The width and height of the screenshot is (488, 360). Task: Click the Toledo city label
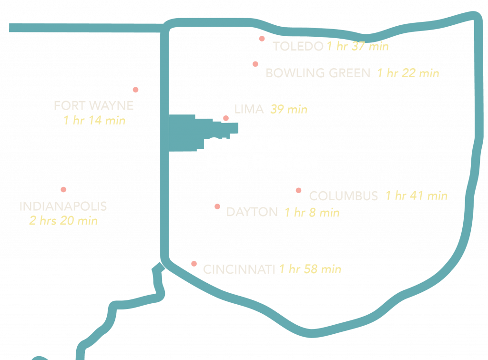pyautogui.click(x=298, y=46)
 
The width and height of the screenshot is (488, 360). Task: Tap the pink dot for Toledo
pyautogui.click(x=262, y=39)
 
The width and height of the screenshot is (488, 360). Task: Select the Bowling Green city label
pyautogui.click(x=317, y=73)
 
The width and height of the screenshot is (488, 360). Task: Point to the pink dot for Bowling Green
pyautogui.click(x=255, y=64)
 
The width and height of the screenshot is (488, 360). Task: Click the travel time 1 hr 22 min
pyautogui.click(x=408, y=73)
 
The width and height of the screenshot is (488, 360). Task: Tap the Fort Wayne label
pyautogui.click(x=93, y=105)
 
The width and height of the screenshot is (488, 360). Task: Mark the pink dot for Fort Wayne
pyautogui.click(x=135, y=90)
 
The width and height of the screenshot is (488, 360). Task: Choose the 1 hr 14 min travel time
pyautogui.click(x=94, y=120)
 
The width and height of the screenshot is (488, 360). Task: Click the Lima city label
pyautogui.click(x=249, y=109)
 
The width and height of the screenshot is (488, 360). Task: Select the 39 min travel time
pyautogui.click(x=289, y=109)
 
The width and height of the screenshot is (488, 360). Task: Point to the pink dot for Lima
pyautogui.click(x=226, y=118)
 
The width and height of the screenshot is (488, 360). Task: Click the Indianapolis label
pyautogui.click(x=63, y=206)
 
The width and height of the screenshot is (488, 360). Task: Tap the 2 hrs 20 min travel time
pyautogui.click(x=63, y=221)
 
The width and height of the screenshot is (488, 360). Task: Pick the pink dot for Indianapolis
pyautogui.click(x=64, y=189)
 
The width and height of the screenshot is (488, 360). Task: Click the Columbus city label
pyautogui.click(x=344, y=195)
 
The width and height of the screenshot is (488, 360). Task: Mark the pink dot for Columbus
pyautogui.click(x=298, y=190)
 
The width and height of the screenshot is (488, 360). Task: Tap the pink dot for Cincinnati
pyautogui.click(x=194, y=264)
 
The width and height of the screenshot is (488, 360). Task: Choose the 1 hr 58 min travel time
pyautogui.click(x=310, y=269)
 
